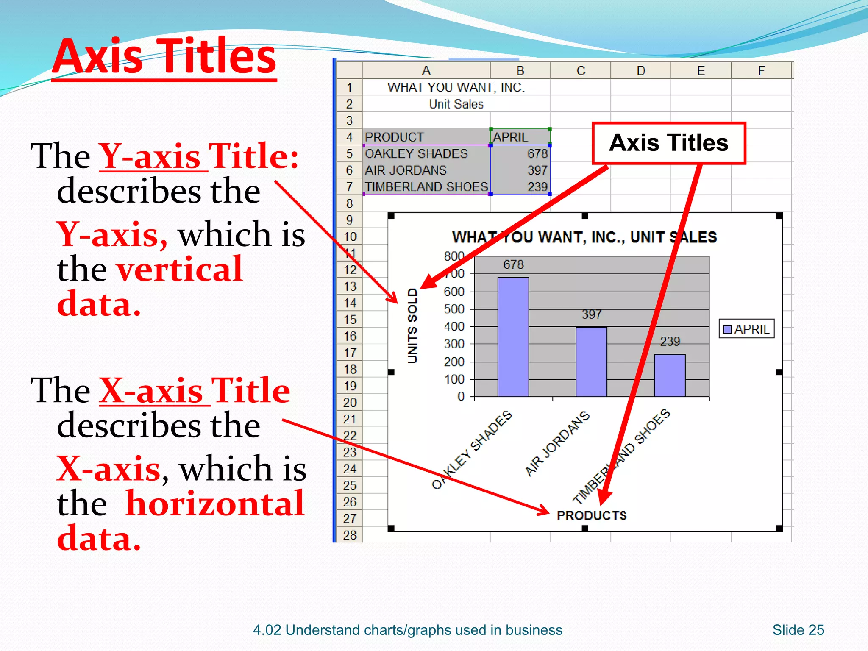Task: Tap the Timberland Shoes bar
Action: tap(670, 376)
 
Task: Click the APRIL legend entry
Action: tap(747, 329)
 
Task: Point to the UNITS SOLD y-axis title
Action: tap(412, 325)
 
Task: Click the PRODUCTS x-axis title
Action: tap(592, 515)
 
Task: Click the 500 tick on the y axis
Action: tap(454, 309)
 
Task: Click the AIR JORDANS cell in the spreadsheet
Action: tap(406, 170)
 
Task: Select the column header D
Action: tap(641, 71)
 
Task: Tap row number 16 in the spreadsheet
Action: tap(350, 336)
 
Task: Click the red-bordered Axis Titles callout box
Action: tap(668, 143)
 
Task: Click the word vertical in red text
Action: tap(179, 269)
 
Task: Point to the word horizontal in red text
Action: tap(215, 504)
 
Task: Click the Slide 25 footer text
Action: tap(798, 630)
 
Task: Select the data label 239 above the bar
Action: tap(670, 341)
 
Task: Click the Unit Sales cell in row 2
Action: tap(456, 104)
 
